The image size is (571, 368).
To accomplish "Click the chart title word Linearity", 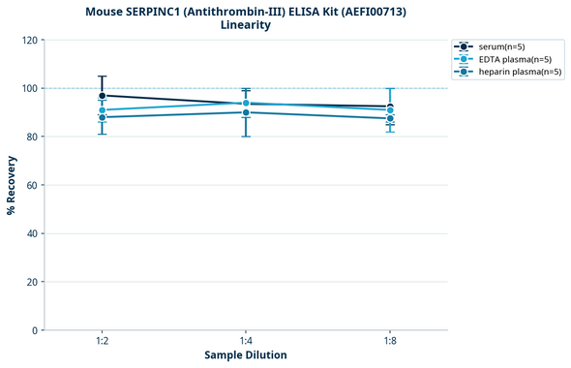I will tap(246, 25).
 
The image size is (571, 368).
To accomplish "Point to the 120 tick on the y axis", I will tap(31, 40).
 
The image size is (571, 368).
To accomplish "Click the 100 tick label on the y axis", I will tap(31, 88).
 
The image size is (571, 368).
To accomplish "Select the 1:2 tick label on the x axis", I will tap(102, 342).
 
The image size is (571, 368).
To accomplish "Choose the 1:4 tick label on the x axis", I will tap(246, 342).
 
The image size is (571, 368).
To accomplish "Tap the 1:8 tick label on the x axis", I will tap(390, 342).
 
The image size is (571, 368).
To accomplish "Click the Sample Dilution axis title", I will tap(246, 355).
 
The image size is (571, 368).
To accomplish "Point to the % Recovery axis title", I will tap(12, 185).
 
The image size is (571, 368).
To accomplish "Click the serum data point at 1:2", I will tap(102, 96).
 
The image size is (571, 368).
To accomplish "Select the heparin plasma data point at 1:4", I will tap(246, 112).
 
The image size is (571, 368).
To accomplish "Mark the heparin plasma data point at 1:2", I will tap(102, 117).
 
